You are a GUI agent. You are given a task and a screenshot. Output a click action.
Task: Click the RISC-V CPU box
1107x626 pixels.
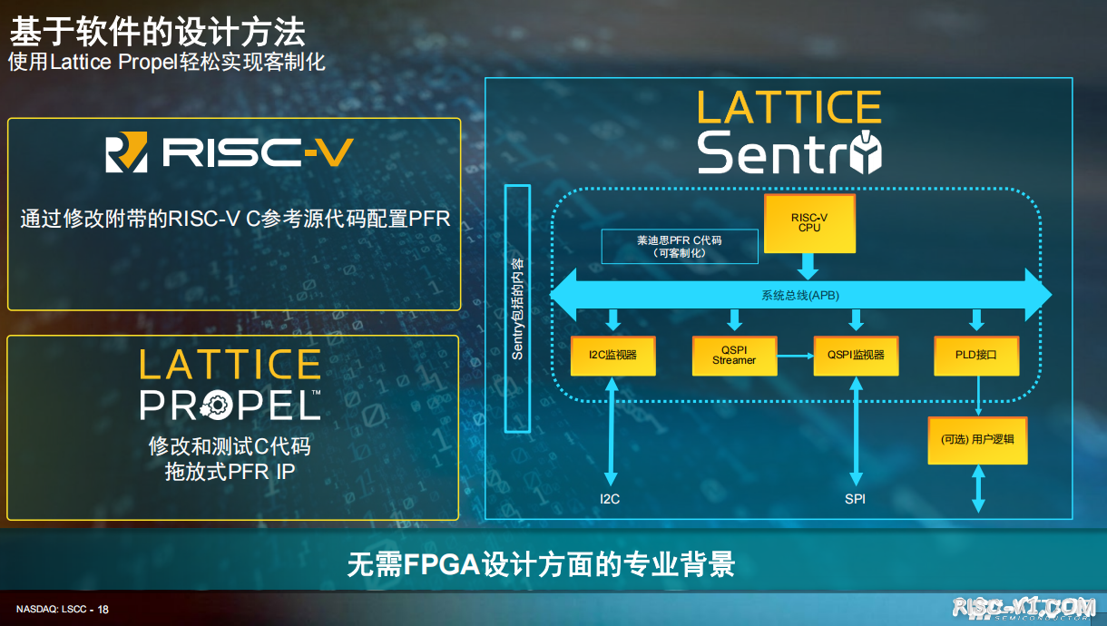pos(809,223)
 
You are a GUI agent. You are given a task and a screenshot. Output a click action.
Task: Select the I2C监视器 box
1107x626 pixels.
pos(612,356)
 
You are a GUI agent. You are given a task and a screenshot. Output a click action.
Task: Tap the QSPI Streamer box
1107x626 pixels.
pos(734,356)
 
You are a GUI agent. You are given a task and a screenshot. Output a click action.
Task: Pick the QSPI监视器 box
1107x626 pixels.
pos(856,356)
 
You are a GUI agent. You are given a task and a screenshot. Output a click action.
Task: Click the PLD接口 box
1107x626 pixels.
pos(976,356)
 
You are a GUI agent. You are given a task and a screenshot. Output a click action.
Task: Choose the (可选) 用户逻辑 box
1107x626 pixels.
pos(977,440)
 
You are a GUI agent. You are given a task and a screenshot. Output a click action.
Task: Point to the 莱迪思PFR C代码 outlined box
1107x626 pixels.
pos(680,246)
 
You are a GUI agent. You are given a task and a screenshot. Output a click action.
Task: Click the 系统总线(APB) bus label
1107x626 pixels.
pos(800,296)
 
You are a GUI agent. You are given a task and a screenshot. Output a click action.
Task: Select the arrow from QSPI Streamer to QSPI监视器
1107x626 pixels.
pos(795,356)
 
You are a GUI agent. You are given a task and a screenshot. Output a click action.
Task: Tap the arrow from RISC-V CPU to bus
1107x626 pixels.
pos(808,267)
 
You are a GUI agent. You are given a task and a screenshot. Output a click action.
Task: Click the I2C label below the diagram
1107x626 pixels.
pos(610,499)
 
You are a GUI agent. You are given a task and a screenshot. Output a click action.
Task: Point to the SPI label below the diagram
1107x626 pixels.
pos(855,499)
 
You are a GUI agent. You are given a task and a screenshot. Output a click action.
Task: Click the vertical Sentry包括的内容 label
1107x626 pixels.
pos(517,308)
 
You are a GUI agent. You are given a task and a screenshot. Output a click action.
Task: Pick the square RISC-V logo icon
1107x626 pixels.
pos(126,152)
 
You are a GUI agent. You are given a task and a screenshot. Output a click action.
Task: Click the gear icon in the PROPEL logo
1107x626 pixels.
pos(215,406)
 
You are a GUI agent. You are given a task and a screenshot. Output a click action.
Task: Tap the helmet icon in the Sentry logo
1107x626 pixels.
pos(866,152)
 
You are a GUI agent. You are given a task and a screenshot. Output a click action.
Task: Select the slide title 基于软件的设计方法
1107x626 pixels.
pos(158,32)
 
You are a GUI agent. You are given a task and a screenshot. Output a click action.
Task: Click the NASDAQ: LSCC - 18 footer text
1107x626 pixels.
pos(63,609)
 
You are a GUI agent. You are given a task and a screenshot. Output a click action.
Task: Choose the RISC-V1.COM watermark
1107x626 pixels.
pos(1024,607)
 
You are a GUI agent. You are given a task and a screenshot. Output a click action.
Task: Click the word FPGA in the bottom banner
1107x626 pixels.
pos(442,564)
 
